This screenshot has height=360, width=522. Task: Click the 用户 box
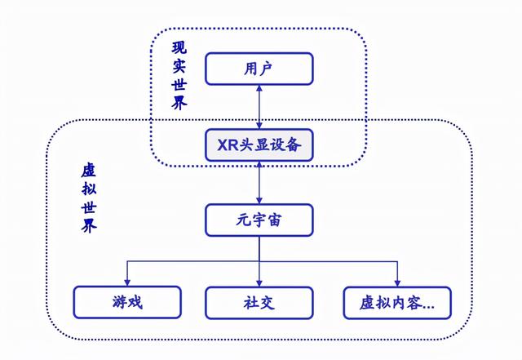click(259, 69)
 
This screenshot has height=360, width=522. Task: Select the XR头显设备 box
click(259, 146)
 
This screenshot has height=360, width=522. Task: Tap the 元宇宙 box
click(259, 220)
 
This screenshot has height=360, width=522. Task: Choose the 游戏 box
click(127, 302)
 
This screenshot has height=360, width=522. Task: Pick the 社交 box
click(259, 302)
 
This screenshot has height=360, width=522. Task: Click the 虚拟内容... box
click(396, 302)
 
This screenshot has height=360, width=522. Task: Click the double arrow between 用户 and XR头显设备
click(259, 107)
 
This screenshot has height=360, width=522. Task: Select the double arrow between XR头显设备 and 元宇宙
click(259, 183)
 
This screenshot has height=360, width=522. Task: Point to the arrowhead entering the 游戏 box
click(127, 282)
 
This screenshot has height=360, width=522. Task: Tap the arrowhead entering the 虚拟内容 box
click(396, 282)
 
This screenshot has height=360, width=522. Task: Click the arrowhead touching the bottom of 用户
click(259, 89)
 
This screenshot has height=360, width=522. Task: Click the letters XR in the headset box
click(228, 146)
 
